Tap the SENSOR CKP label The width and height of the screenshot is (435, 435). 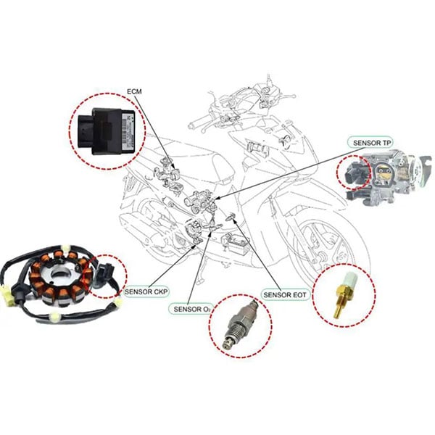(147, 291)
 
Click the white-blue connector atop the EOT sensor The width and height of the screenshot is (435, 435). (347, 279)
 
